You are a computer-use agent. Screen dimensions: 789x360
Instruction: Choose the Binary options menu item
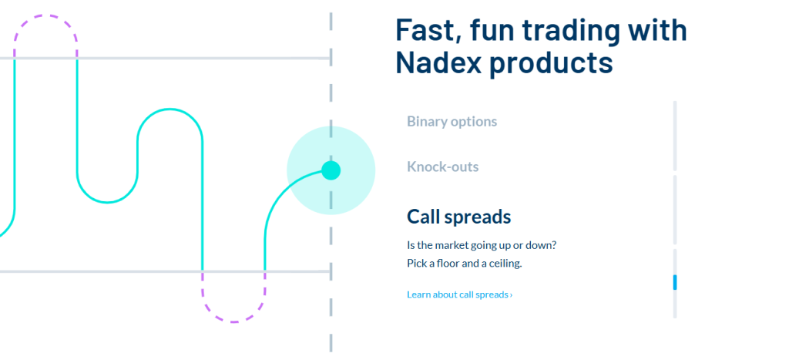tap(452, 121)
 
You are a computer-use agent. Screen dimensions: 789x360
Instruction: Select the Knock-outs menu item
tap(443, 167)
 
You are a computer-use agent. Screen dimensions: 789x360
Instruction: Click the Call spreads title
tap(459, 217)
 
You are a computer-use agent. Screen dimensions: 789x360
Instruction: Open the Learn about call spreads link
tap(460, 294)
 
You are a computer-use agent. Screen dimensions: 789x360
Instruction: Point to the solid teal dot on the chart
tap(331, 170)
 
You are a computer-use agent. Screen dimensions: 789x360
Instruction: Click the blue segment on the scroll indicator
tap(675, 282)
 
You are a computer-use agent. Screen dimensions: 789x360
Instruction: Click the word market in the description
tap(450, 245)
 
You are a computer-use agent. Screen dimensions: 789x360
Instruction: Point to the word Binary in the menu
tap(424, 121)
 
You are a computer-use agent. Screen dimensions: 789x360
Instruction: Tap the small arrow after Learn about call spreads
tap(511, 295)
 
